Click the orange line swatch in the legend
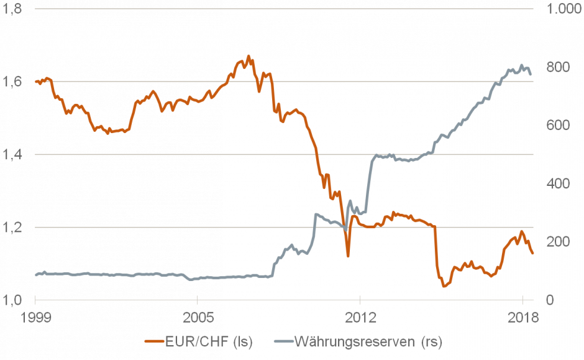[x=155, y=341]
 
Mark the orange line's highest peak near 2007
[x=248, y=56]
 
